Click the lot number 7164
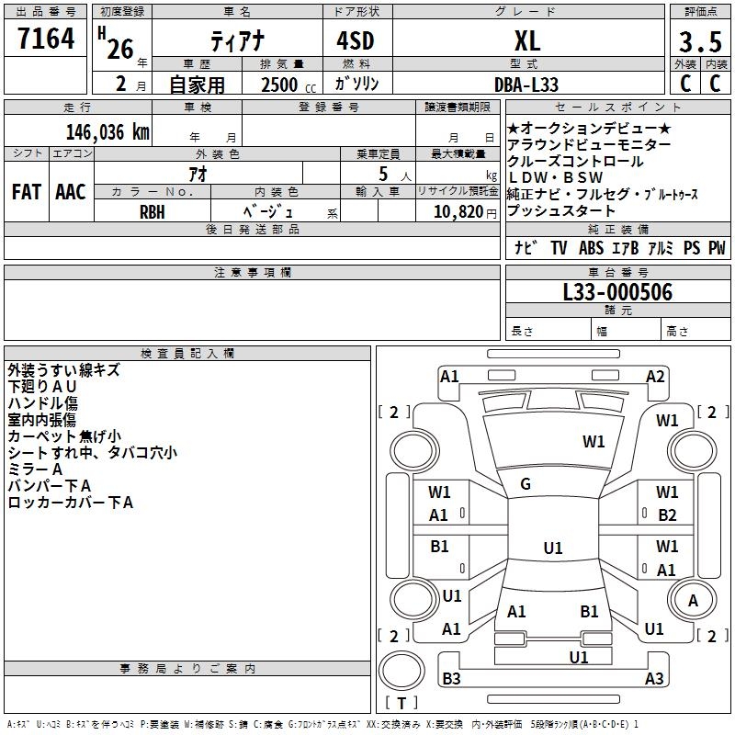coord(46,40)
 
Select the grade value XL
coord(526,40)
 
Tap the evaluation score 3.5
coord(698,42)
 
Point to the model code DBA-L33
coord(526,85)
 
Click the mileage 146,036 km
coord(107,132)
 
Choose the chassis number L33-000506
coord(617,292)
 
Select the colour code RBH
coord(153,210)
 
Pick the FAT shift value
coord(26,192)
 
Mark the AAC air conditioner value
coord(71,192)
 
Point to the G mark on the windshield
coord(526,484)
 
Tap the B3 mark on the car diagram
coord(451,679)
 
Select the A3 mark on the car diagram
coord(654,679)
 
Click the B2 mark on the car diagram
coord(667,515)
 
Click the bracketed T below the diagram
coord(401,703)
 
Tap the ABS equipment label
coord(592,248)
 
